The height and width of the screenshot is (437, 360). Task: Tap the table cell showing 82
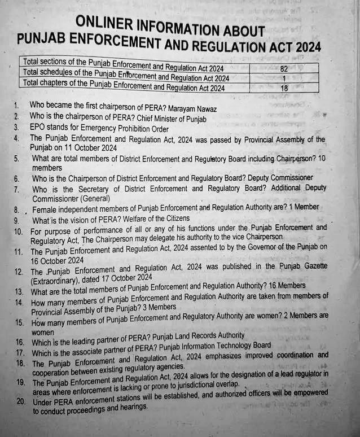(283, 68)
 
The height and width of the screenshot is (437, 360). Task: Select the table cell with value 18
(283, 88)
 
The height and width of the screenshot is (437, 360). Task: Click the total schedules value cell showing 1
(284, 78)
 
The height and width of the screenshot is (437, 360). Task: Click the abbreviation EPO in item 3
(39, 128)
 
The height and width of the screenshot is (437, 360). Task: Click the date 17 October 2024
(124, 278)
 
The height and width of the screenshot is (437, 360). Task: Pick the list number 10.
(19, 232)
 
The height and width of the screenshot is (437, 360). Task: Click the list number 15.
(20, 324)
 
